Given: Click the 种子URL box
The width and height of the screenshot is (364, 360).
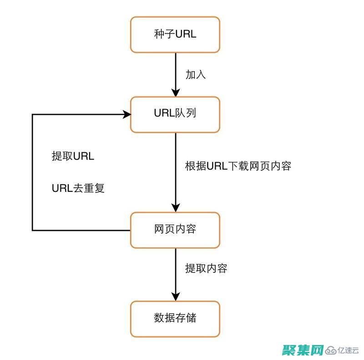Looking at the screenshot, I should [x=175, y=35].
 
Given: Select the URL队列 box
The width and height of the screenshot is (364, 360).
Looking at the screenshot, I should [x=175, y=114].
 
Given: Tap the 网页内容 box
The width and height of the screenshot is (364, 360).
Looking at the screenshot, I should [x=175, y=230].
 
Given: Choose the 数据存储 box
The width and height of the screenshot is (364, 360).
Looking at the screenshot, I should [x=175, y=318].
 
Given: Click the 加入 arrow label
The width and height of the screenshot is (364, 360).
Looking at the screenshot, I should [x=196, y=75].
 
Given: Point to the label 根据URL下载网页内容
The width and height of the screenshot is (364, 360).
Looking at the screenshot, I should [x=238, y=166].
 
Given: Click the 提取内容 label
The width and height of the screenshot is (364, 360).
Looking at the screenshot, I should [x=206, y=269].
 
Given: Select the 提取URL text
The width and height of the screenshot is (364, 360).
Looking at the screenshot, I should [x=73, y=157].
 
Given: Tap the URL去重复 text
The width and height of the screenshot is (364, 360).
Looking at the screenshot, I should [x=78, y=188].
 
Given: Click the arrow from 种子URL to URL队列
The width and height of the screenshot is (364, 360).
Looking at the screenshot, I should [x=175, y=73].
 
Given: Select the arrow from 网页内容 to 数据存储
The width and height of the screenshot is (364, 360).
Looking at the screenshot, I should [x=175, y=273].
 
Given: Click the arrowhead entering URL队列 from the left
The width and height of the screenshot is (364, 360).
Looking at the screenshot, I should [x=126, y=115].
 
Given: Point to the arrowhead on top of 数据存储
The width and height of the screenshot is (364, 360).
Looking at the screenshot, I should [x=175, y=296].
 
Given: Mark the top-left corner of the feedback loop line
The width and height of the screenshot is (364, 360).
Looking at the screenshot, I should [x=32, y=115].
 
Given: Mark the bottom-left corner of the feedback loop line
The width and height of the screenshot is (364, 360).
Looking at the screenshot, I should [x=32, y=230].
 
